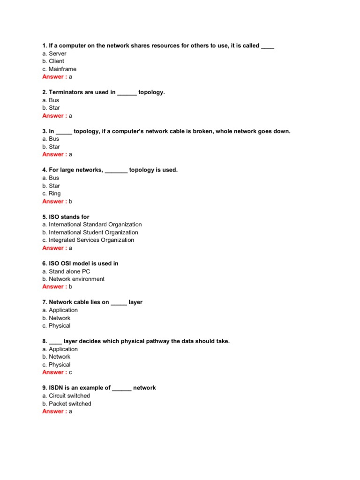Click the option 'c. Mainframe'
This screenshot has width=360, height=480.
pos(59,69)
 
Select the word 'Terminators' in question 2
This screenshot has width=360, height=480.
pos(65,92)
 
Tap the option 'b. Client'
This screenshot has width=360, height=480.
pos(53,61)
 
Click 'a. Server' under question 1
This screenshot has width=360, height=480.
pos(54,53)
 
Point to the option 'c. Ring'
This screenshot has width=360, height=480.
pos(51,193)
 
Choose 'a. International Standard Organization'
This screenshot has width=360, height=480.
pos(92,225)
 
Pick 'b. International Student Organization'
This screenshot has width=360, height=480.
pos(90,232)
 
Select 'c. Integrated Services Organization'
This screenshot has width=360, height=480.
pos(88,240)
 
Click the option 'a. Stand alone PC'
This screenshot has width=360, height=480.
pos(66,271)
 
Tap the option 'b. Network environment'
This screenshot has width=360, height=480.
pos(73,279)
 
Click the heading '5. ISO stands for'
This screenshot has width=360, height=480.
pos(66,217)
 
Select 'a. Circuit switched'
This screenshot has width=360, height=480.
pos(66,396)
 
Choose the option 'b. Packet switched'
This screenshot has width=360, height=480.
pos(67,404)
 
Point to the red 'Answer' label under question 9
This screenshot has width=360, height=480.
pos(53,411)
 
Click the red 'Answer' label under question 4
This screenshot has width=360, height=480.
pos(53,201)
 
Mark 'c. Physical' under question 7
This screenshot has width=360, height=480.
pos(56,325)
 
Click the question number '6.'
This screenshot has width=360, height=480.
pos(45,263)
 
